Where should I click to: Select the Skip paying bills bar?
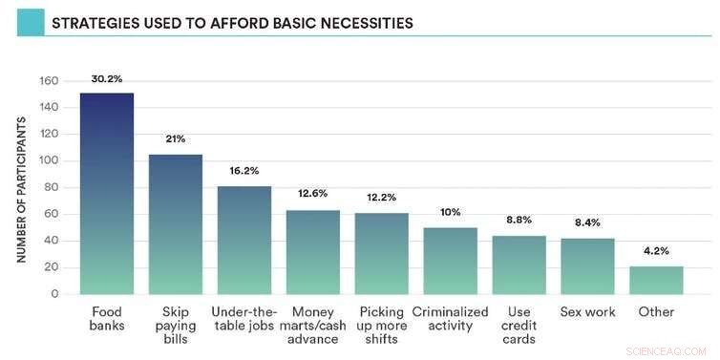coord(175,224)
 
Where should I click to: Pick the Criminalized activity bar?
coord(450,261)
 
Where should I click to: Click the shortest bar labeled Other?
coord(656,280)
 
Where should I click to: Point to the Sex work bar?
coord(587,266)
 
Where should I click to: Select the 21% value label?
coord(175,139)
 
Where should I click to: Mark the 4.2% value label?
coord(656,251)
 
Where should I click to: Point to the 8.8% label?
coord(519,219)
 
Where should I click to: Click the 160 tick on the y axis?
coord(49,80)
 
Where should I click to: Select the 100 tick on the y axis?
coord(49,160)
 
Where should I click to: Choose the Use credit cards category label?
coord(519,325)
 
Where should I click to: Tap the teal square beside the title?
coord(29,22)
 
